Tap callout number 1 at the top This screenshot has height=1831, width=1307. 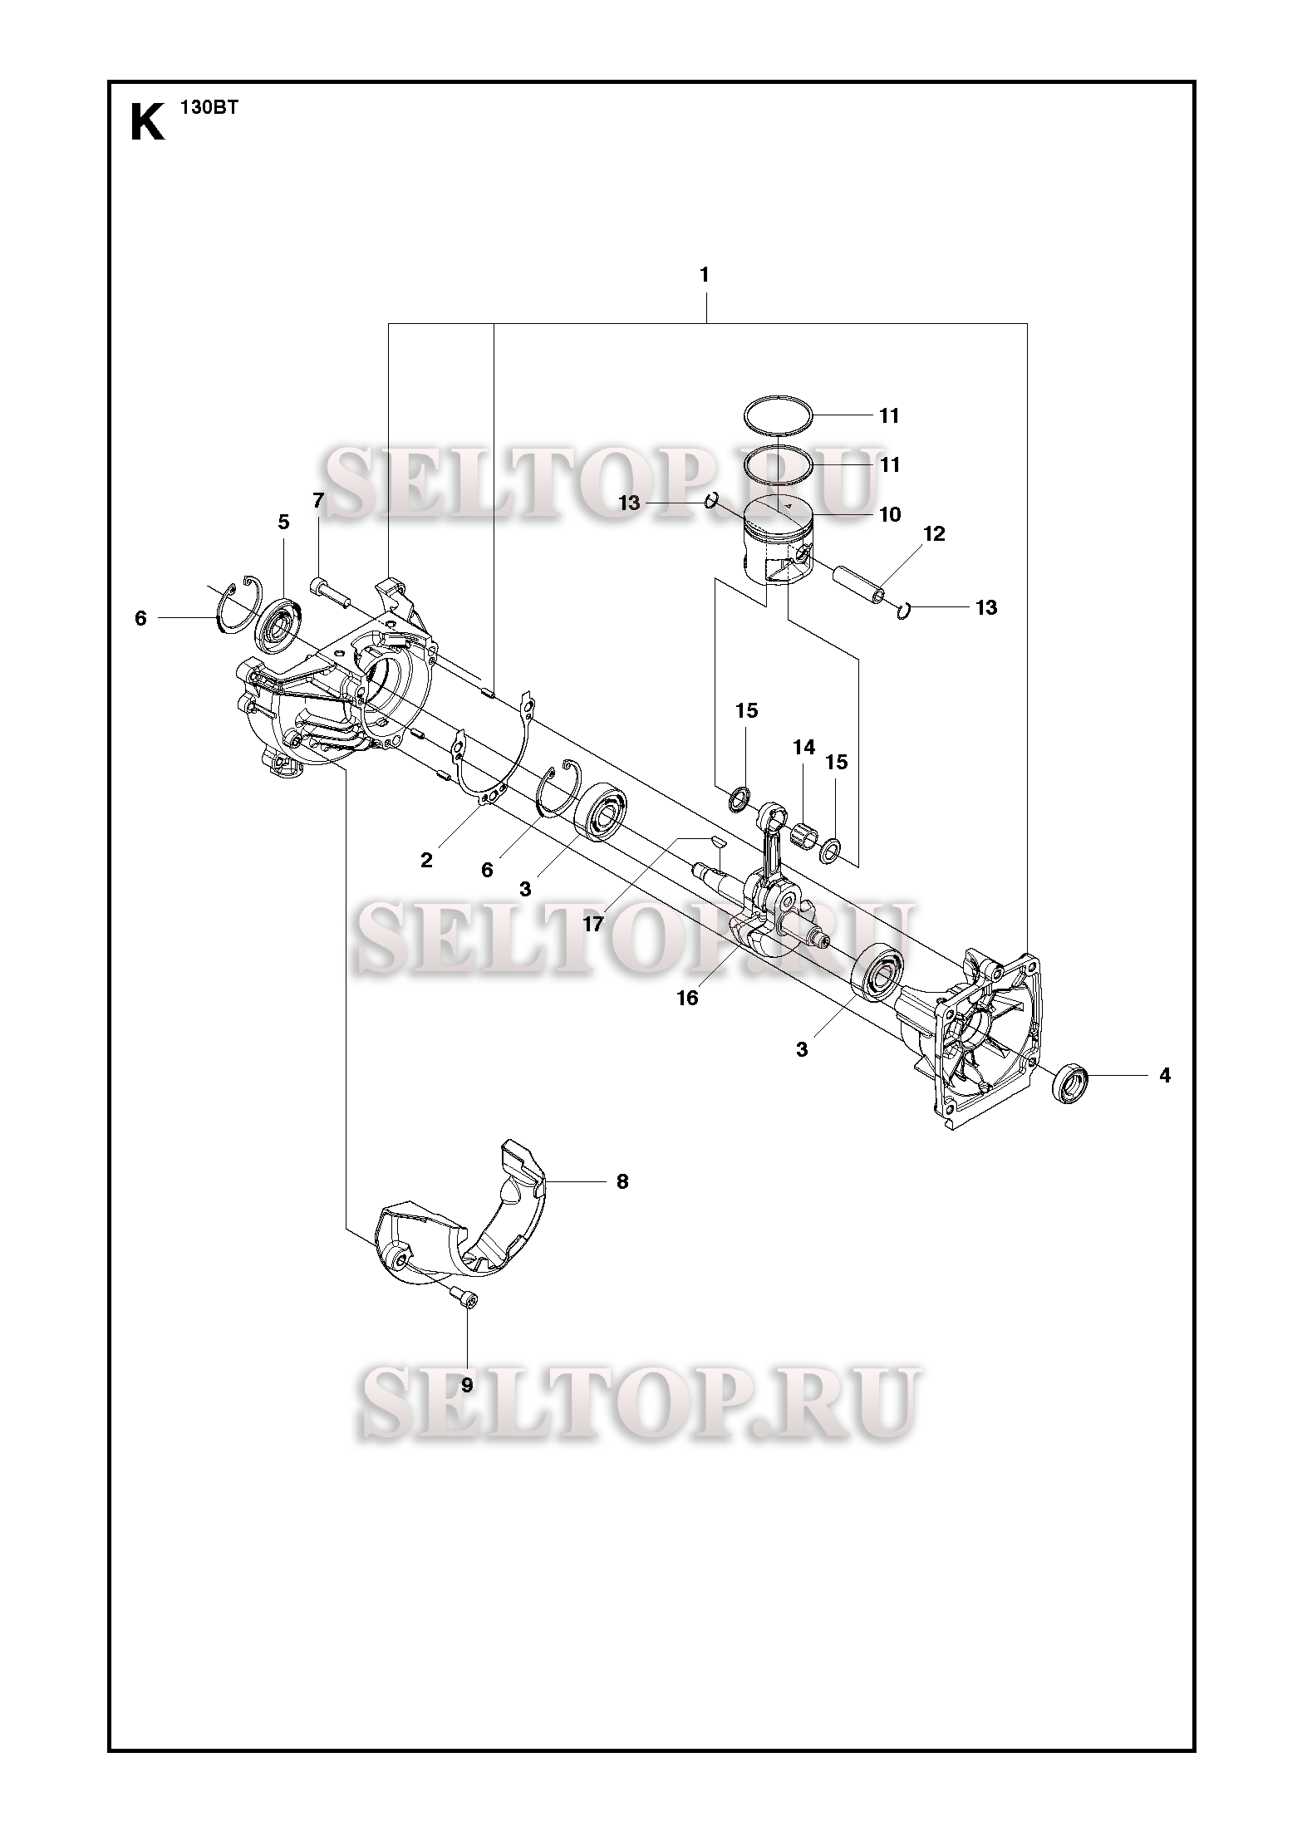click(x=705, y=275)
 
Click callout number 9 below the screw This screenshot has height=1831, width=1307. click(x=467, y=1385)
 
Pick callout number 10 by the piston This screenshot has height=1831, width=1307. click(x=889, y=514)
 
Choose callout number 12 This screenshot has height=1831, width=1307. click(x=934, y=533)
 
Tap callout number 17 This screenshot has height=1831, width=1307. click(x=592, y=923)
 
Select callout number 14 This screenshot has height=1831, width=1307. click(x=803, y=748)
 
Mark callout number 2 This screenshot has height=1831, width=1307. click(x=426, y=860)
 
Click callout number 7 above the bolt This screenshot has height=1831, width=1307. click(x=318, y=500)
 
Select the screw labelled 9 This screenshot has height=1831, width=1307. click(x=467, y=1297)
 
